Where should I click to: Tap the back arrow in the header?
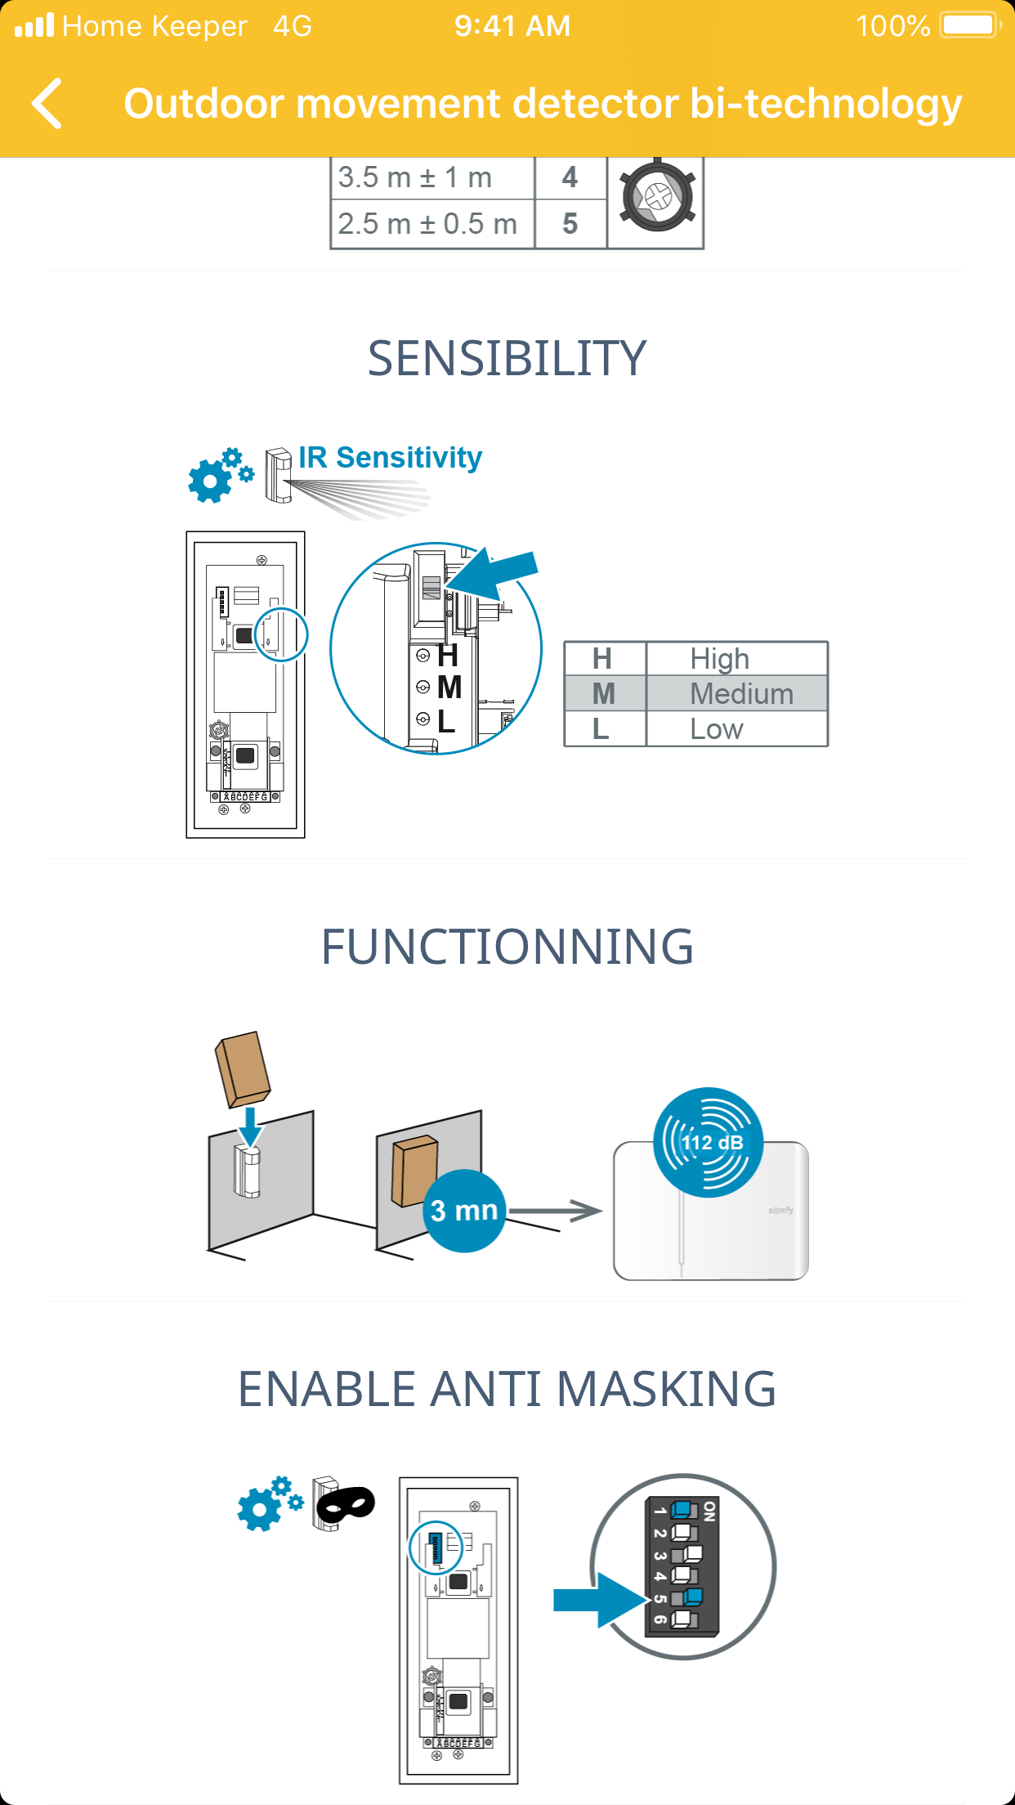click(47, 104)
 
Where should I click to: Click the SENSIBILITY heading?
click(507, 359)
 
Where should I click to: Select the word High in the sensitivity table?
click(719, 659)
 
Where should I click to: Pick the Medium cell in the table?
click(741, 694)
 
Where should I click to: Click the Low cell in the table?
click(717, 729)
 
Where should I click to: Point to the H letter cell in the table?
click(602, 659)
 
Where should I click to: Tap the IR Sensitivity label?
click(390, 458)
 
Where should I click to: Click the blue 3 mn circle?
click(464, 1211)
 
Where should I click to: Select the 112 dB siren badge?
click(709, 1142)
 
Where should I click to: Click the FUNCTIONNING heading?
click(507, 947)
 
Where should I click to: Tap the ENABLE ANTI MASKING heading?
click(507, 1389)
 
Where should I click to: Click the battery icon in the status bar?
click(969, 25)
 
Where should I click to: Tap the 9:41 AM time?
click(512, 26)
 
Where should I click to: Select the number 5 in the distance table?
click(570, 224)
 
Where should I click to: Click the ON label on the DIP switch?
click(709, 1511)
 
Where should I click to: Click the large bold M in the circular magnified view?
click(449, 688)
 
